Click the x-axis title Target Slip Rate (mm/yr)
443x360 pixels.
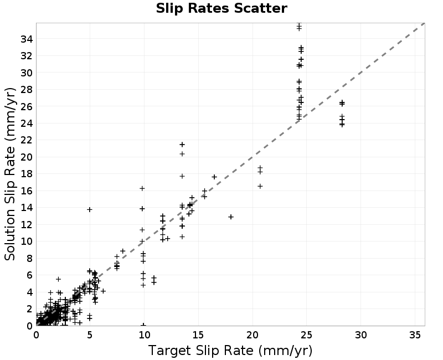coord(230,351)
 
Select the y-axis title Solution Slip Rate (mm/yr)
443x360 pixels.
coord(10,174)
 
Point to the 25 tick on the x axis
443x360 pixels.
coord(307,335)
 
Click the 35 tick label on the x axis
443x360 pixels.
coord(415,335)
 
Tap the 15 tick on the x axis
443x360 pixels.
coord(198,335)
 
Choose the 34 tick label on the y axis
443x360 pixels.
coord(27,39)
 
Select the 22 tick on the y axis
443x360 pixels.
coord(27,140)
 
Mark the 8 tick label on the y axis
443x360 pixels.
coord(30,258)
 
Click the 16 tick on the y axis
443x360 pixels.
coord(27,191)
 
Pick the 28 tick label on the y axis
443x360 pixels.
coord(27,90)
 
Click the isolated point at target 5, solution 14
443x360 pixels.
coord(90,209)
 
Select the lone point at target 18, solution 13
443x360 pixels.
coord(231,217)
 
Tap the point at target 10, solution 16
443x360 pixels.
coord(142,188)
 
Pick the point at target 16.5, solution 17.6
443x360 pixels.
coord(214,177)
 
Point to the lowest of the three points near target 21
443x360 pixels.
coord(260,186)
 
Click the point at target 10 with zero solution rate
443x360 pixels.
coord(143,325)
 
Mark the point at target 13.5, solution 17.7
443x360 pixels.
coord(182,176)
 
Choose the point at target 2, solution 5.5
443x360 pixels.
coord(58,279)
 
